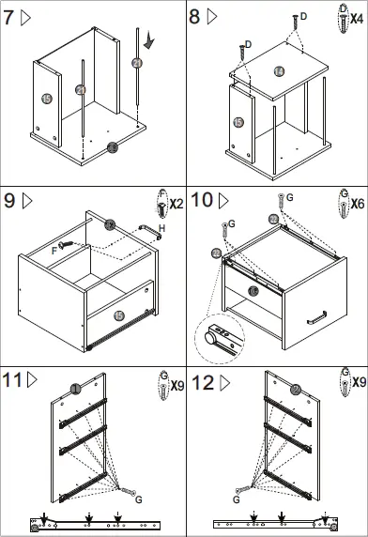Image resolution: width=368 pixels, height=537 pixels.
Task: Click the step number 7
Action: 10,16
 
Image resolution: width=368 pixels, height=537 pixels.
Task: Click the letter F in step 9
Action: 54,250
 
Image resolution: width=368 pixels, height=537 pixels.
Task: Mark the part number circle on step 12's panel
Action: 295,390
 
